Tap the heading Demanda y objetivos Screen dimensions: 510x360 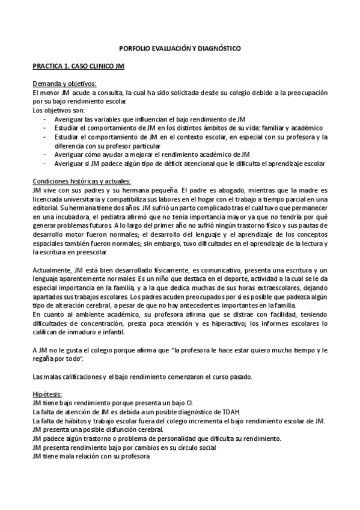tap(64, 84)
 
